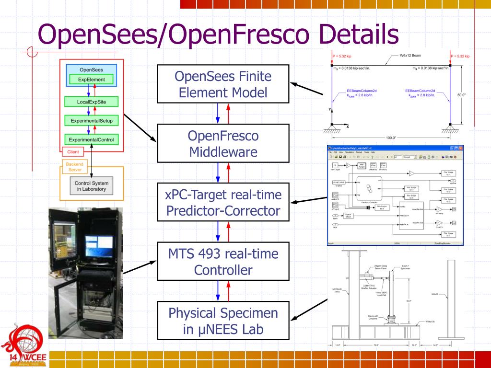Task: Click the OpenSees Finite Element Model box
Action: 223,84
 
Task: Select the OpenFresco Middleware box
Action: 223,144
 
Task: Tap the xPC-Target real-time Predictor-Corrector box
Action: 223,203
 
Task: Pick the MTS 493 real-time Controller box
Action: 223,261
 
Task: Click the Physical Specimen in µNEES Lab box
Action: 223,321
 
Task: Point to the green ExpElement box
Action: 92,79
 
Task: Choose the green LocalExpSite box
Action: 92,102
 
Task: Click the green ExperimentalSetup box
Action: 92,121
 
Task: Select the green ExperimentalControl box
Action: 92,139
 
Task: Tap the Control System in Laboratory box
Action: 92,186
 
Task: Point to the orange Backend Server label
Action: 74,167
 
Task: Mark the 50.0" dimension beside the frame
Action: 461,95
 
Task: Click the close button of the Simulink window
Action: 461,149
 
